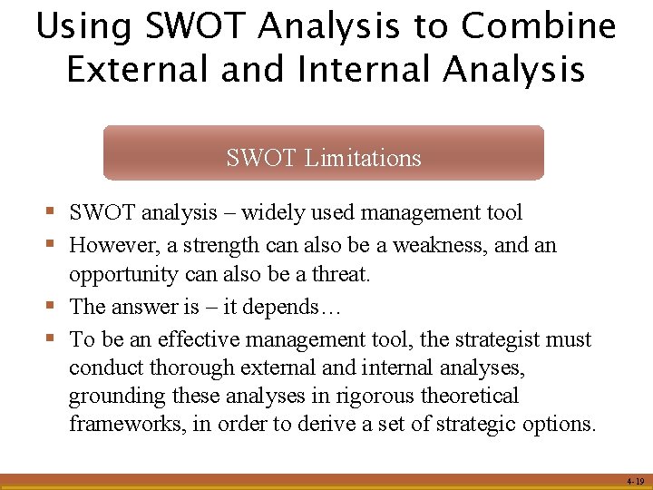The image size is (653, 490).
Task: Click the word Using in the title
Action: click(83, 27)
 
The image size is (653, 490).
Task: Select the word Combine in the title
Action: click(539, 27)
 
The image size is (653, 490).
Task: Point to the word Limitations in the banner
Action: click(363, 158)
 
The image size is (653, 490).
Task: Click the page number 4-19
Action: click(635, 481)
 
